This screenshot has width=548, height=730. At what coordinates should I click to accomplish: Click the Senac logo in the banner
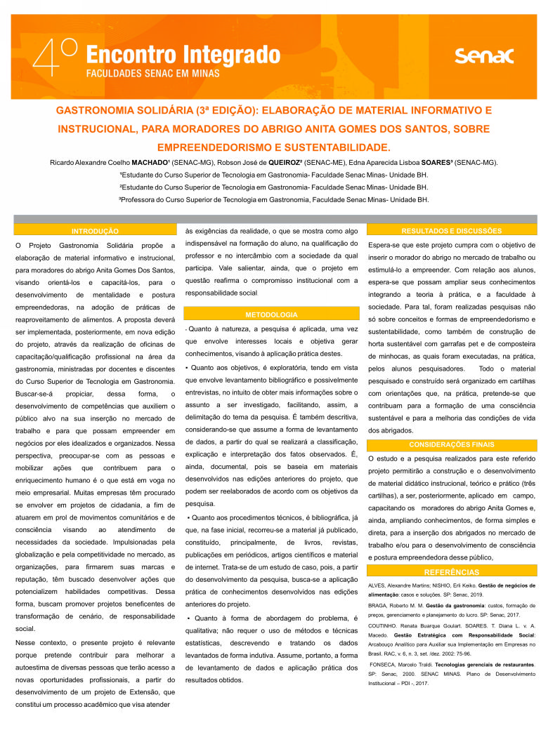(484, 55)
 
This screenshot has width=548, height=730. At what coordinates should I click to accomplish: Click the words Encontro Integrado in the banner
(183, 53)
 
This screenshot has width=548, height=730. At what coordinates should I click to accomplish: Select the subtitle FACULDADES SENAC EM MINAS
(152, 73)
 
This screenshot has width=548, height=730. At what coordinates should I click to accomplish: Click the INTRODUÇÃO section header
(95, 230)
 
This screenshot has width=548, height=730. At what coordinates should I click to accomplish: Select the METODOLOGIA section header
(271, 314)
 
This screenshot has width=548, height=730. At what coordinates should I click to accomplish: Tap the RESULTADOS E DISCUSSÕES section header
(451, 230)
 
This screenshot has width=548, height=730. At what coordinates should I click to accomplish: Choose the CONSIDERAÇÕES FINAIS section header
(451, 444)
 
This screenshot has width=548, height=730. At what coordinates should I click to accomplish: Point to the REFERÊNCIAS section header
(451, 573)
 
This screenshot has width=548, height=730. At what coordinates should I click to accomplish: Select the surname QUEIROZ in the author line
(294, 163)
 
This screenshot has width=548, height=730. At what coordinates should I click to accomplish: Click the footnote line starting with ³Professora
(273, 199)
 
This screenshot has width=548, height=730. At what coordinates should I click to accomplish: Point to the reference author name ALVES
(377, 585)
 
